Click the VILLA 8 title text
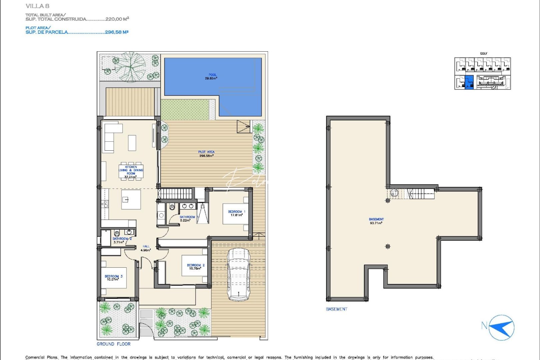click(37, 6)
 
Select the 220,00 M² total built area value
click(117, 19)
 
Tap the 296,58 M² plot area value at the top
click(116, 32)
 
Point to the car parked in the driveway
click(239, 274)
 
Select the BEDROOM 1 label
click(236, 213)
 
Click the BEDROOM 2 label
click(196, 267)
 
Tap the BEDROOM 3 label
click(113, 278)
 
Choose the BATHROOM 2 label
click(122, 240)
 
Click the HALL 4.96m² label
click(146, 248)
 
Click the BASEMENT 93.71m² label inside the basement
click(376, 221)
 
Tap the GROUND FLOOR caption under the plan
click(113, 344)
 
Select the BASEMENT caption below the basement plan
click(336, 309)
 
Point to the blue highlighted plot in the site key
click(469, 82)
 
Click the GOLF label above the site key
click(484, 53)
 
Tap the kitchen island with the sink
click(131, 199)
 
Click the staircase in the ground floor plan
click(175, 193)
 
